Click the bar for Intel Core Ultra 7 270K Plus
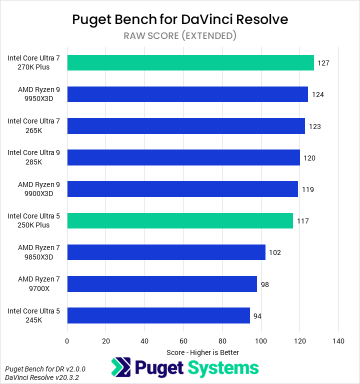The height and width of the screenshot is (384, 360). [x=190, y=63]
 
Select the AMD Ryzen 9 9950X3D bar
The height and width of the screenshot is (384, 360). [x=187, y=94]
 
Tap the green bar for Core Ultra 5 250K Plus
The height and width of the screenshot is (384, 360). [x=180, y=220]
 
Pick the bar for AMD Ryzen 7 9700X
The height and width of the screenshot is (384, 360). [x=161, y=284]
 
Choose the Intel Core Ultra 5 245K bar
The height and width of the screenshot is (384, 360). [x=158, y=315]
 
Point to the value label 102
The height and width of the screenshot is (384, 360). [x=275, y=252]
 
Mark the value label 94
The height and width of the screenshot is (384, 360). [x=257, y=316]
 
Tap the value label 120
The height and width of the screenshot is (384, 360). [x=309, y=158]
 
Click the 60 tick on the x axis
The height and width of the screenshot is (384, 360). [x=183, y=341]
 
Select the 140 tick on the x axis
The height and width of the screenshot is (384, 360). [x=338, y=341]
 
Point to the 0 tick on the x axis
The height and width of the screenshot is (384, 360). [x=67, y=341]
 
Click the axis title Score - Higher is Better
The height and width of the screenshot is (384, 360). [x=202, y=352]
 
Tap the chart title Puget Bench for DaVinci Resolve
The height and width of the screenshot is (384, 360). [x=180, y=19]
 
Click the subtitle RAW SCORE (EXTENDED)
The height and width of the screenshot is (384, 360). [x=180, y=35]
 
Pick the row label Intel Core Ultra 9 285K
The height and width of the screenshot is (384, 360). [x=33, y=157]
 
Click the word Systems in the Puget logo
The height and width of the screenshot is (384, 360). [x=223, y=368]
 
